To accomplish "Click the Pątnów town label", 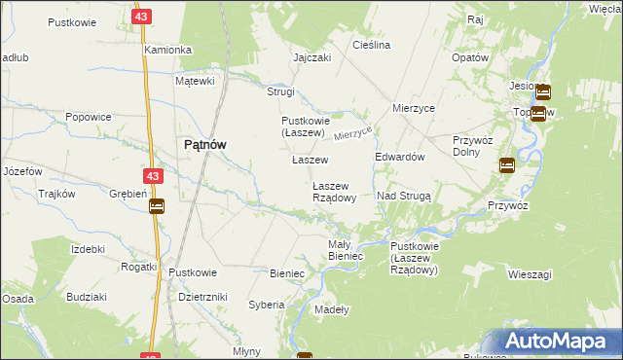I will pos(205,144).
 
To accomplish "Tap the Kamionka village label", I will pos(167,50).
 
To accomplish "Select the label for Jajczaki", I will pos(312,57).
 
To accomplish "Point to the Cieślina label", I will pos(372,46).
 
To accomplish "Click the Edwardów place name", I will pos(400,157).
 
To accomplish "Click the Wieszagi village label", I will pos(530,275).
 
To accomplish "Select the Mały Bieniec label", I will pos(346,250).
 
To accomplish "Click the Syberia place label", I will pos(266,305).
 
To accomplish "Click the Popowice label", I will pos(88,117).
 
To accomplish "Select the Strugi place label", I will pos(280,91).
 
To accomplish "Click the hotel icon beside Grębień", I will pos(157,205).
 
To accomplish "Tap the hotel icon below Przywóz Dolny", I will pos(507,165).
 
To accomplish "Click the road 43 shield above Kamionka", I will pos(143,17).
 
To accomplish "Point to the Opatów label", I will pos(469,57).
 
